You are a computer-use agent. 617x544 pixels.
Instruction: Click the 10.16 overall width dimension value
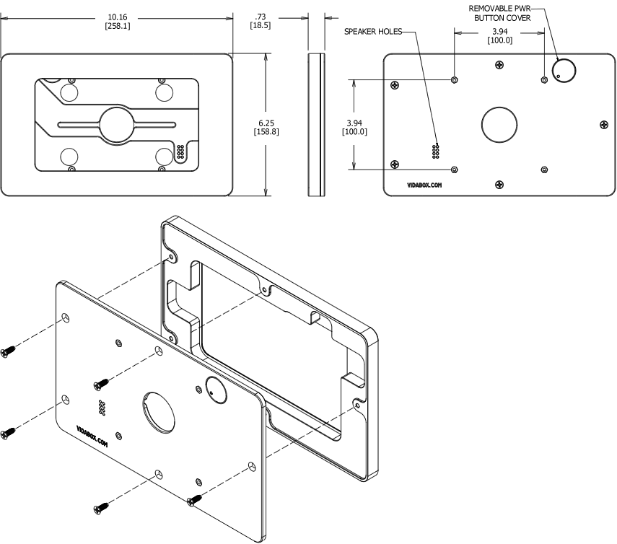[118, 17]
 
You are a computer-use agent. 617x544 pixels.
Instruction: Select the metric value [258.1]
[118, 26]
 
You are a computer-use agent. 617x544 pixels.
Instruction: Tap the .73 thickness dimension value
[260, 17]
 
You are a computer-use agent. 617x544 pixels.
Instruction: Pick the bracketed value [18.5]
[260, 26]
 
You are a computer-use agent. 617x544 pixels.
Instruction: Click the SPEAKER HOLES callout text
[372, 32]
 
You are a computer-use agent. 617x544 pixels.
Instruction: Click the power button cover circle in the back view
[563, 70]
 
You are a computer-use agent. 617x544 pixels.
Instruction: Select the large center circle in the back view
[499, 124]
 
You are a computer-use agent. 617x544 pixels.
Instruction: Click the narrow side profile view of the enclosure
[315, 123]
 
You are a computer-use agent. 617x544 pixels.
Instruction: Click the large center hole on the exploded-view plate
[159, 412]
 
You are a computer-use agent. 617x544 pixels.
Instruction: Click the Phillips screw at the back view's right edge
[604, 125]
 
